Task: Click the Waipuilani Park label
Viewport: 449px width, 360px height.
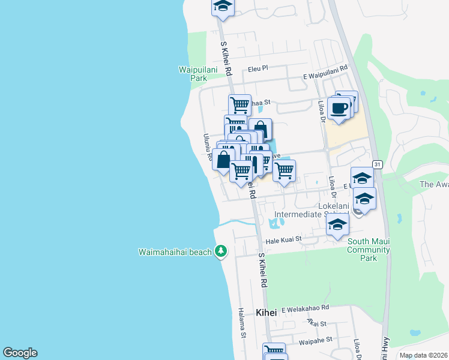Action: (193, 74)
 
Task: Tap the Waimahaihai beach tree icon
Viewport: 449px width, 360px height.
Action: (221, 251)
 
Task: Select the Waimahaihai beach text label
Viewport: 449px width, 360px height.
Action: (175, 252)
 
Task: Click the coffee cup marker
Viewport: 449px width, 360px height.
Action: (339, 109)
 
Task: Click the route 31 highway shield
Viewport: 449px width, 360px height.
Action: (377, 164)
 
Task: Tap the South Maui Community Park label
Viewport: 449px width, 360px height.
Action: (369, 250)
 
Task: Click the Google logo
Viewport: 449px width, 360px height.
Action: (20, 353)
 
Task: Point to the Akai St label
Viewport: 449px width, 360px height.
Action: (316, 323)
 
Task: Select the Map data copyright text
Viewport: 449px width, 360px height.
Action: (423, 355)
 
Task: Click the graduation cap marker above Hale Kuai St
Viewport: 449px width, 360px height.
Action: (338, 226)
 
